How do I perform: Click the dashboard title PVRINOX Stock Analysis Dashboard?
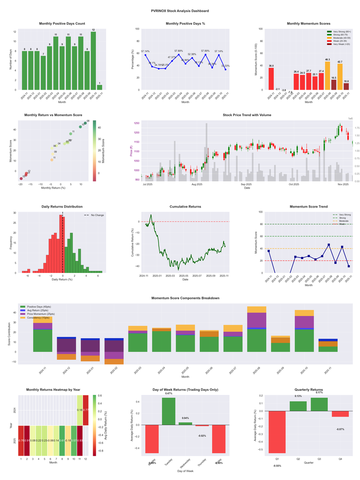(180, 10)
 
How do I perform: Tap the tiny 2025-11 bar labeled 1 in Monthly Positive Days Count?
(99, 87)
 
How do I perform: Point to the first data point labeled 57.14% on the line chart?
(146, 55)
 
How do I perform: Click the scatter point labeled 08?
(85, 123)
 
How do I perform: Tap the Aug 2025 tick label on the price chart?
(197, 184)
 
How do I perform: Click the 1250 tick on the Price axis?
(136, 122)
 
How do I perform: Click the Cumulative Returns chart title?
(185, 207)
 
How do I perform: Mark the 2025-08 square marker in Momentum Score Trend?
(329, 245)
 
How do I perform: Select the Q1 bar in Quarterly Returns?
(277, 432)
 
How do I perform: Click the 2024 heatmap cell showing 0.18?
(80, 410)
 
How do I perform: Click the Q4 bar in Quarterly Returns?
(340, 414)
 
